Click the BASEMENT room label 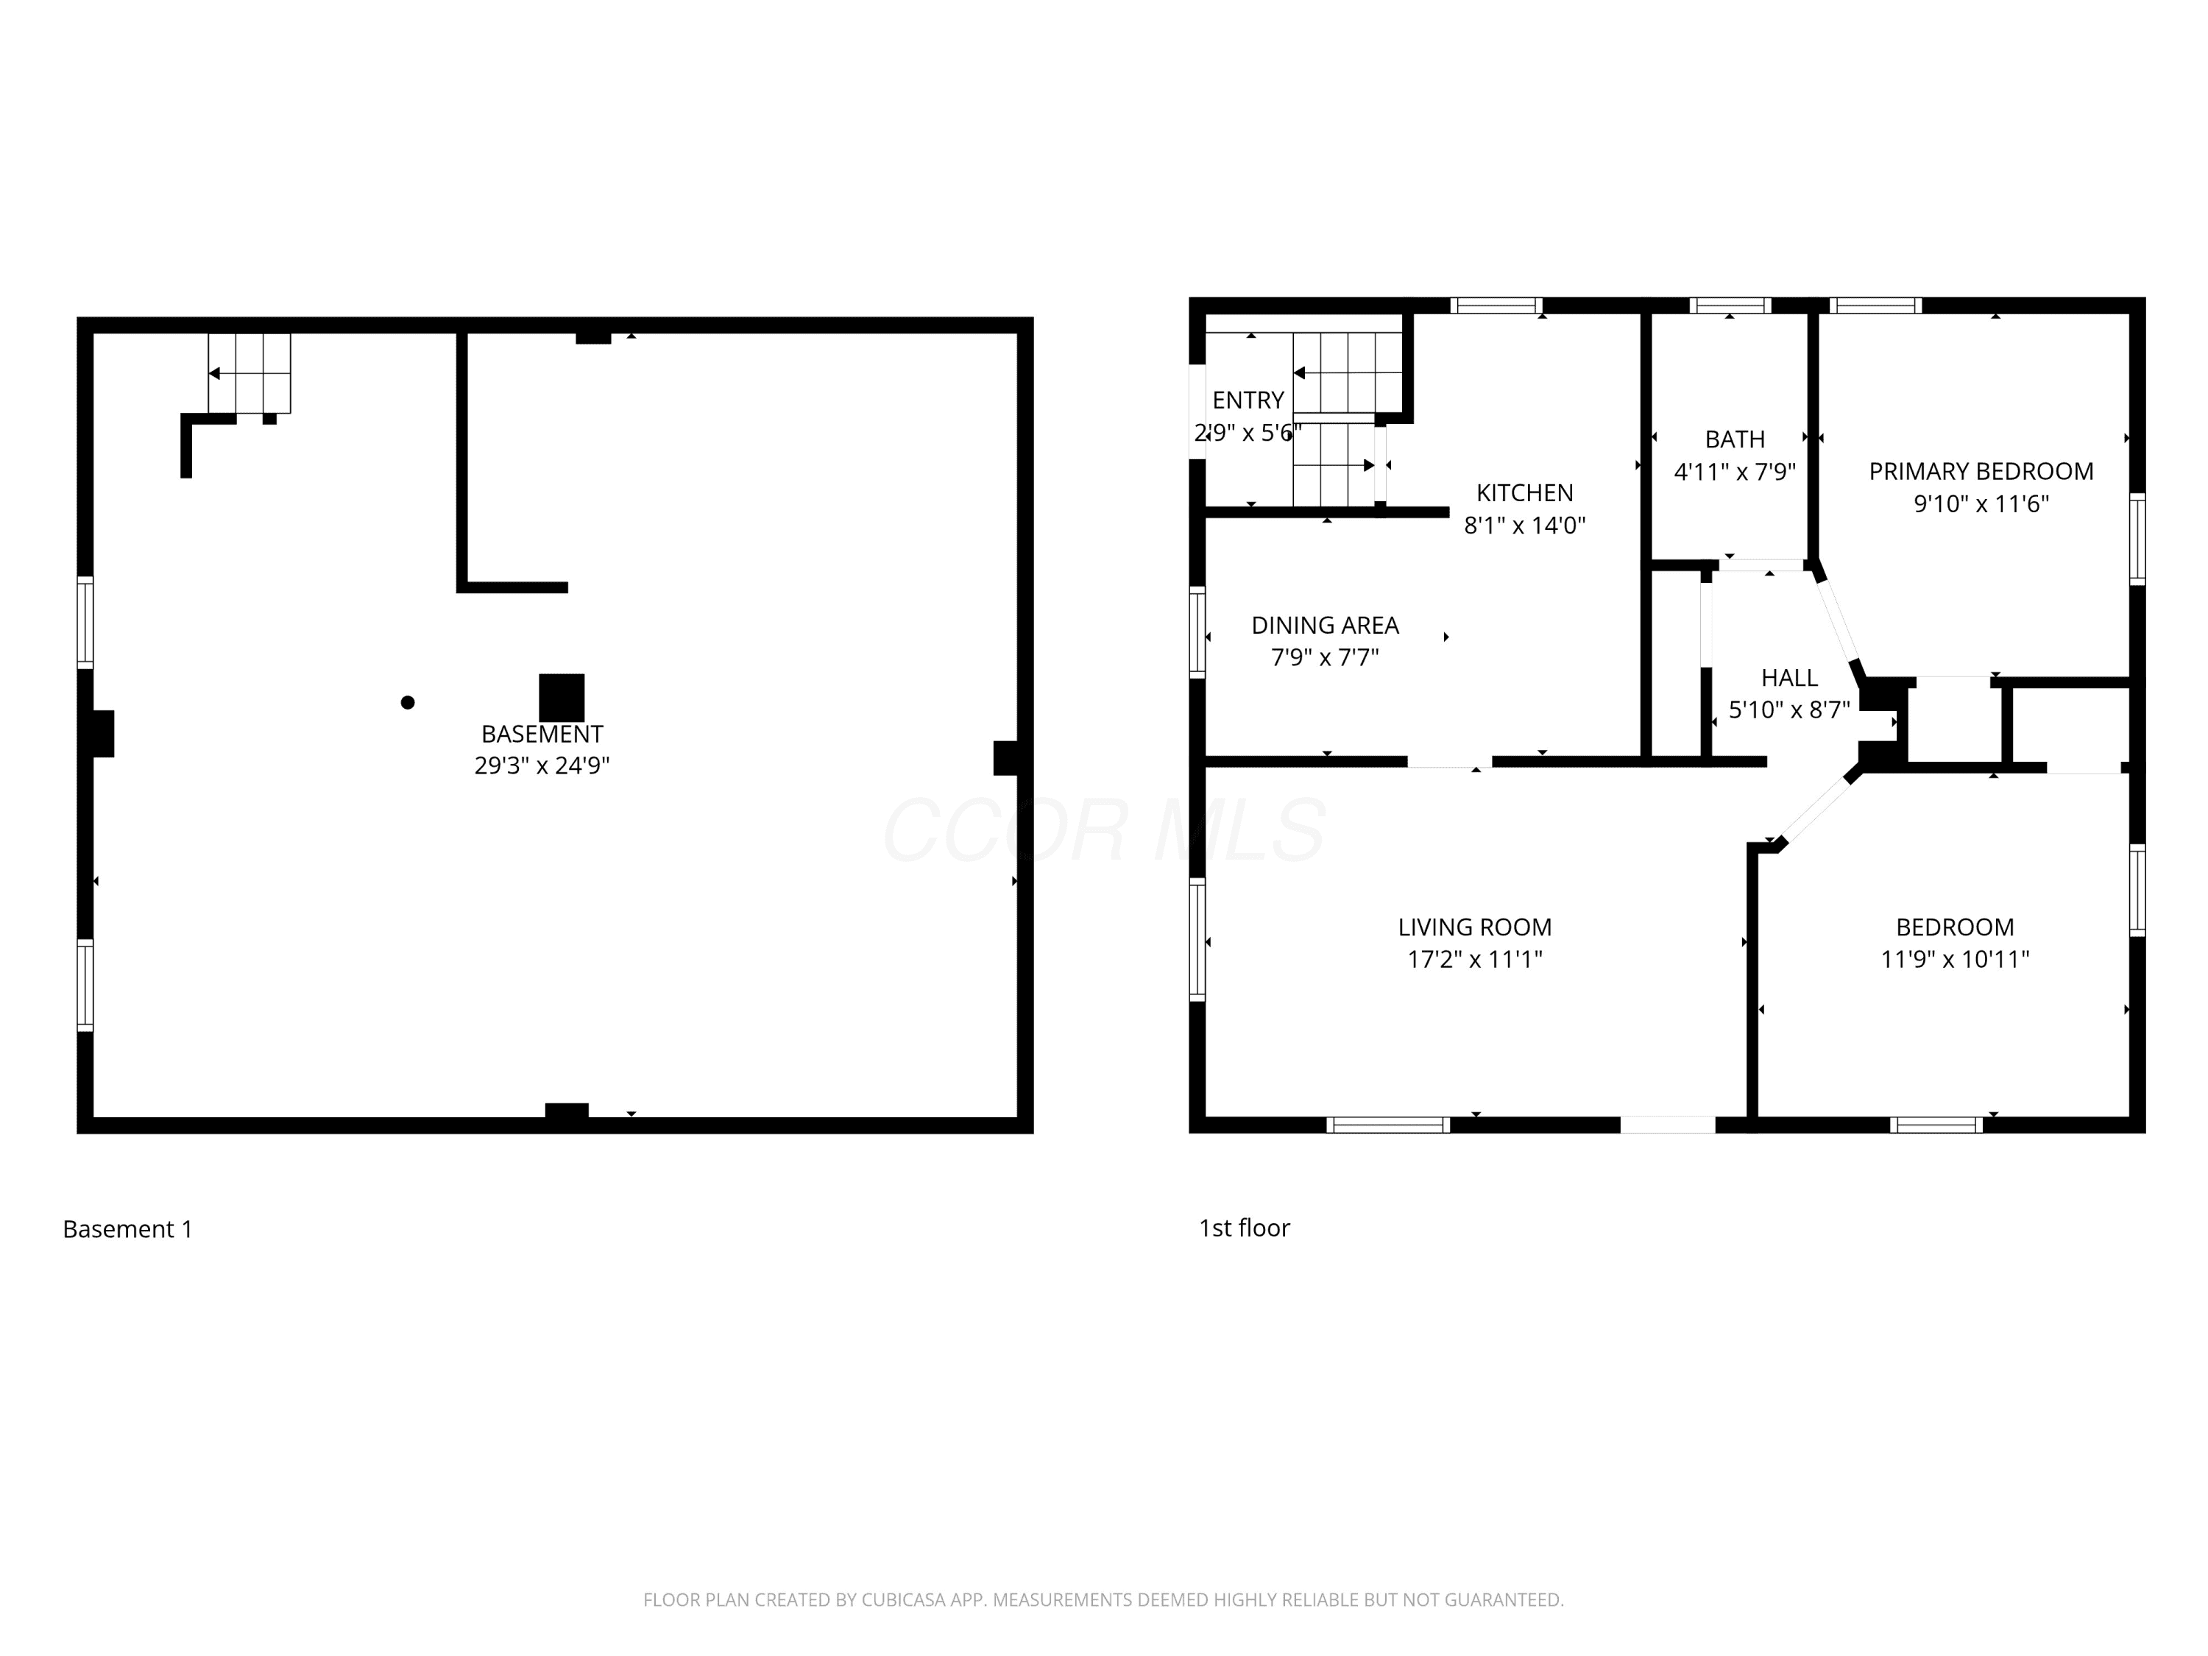(542, 734)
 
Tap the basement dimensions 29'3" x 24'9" (542, 765)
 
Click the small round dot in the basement (407, 703)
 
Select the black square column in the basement (562, 698)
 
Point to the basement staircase (250, 373)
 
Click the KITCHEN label (1524, 492)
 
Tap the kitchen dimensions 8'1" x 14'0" (1524, 525)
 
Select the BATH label (1735, 439)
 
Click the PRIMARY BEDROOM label (1981, 471)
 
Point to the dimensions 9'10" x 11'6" (1981, 504)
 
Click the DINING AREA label (1325, 625)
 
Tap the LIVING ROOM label (1474, 927)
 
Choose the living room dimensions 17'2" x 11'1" (1474, 959)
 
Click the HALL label (1788, 678)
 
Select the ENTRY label (1248, 400)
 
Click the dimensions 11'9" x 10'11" (1955, 959)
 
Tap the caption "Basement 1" (128, 1229)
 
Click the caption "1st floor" (1244, 1228)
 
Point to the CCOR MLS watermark (1104, 830)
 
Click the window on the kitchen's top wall (1496, 305)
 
